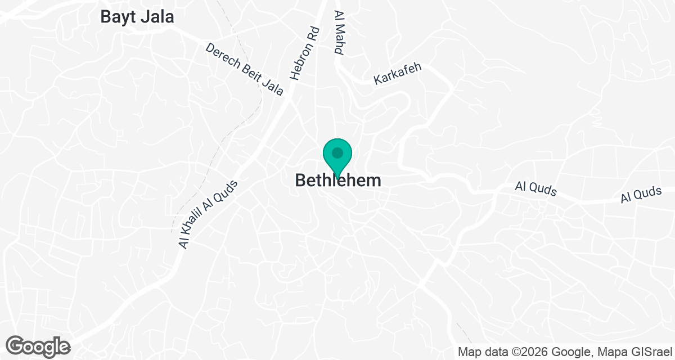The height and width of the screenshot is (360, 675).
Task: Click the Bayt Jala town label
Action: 137,17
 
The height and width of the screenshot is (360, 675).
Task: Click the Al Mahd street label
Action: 339,32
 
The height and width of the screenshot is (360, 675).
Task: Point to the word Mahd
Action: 339,40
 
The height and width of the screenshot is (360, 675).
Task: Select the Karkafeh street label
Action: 398,74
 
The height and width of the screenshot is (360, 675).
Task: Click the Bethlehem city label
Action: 337,181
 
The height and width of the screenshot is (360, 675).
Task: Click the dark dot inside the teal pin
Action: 337,152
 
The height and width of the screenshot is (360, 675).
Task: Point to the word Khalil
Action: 200,223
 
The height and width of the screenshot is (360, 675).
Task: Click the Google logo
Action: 38,346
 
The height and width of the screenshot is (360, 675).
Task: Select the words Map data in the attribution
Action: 483,352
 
